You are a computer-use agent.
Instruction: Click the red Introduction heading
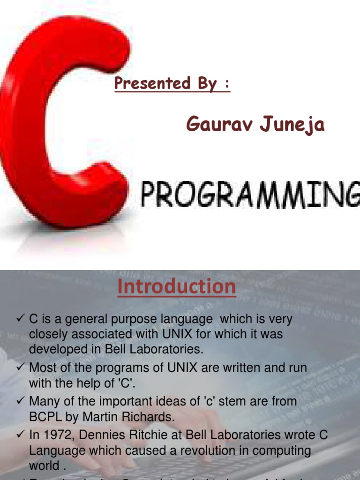177,286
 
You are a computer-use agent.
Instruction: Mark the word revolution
205,450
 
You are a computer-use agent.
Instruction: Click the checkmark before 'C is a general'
20,319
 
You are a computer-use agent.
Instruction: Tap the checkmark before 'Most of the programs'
20,367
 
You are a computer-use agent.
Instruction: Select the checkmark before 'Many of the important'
20,401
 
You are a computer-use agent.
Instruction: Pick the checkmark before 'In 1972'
20,435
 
